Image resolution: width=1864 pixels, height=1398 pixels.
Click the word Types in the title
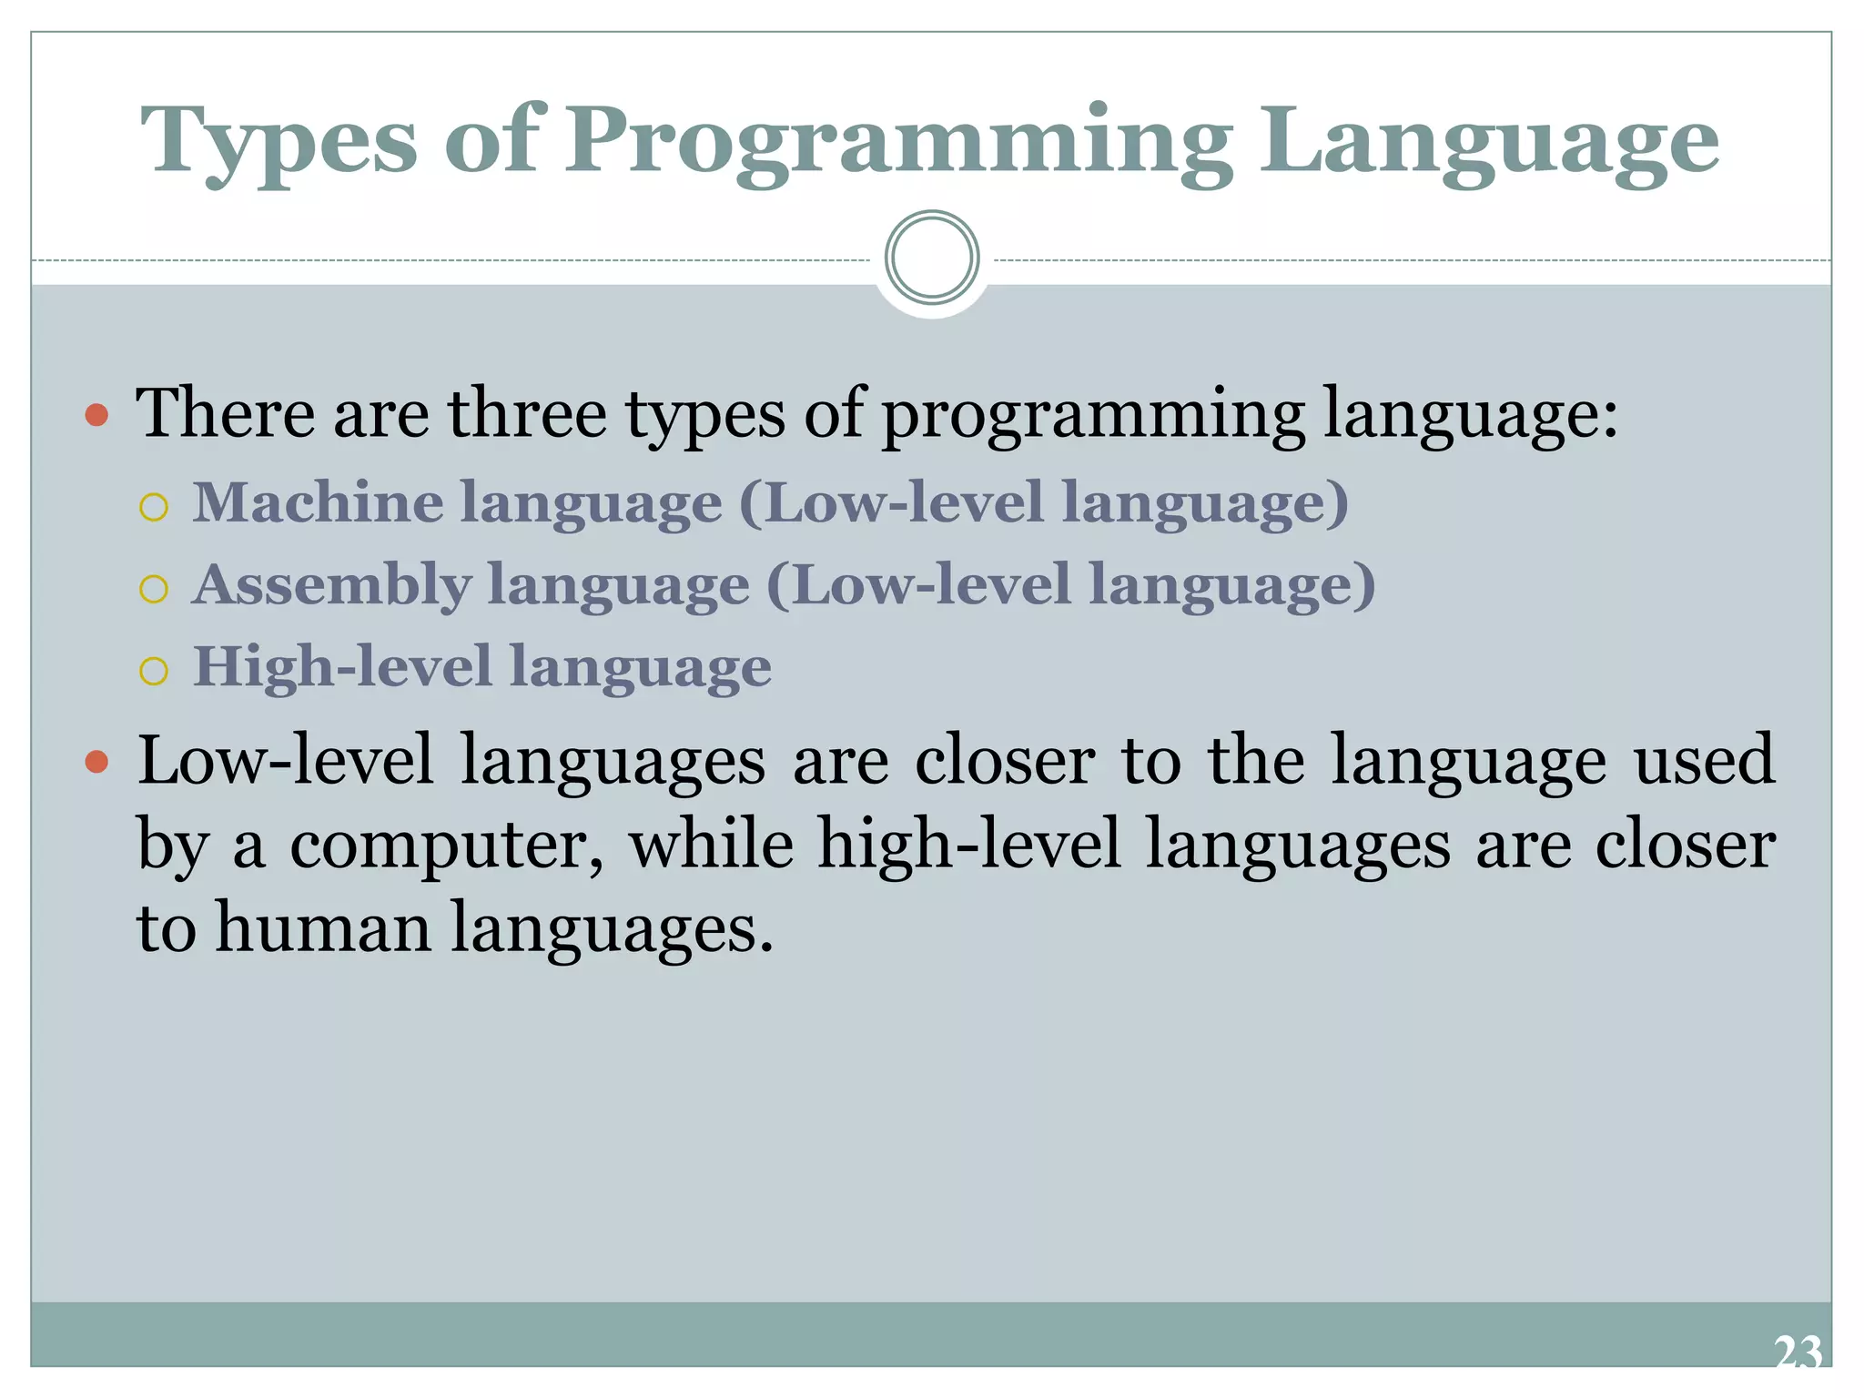point(279,142)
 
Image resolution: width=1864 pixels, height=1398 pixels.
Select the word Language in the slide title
point(1489,142)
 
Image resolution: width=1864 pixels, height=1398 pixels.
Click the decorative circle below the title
point(932,258)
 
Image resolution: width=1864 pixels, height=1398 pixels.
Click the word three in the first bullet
point(527,414)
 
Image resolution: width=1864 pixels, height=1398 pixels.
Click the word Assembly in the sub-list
point(332,584)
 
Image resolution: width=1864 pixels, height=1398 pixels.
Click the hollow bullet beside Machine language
point(155,507)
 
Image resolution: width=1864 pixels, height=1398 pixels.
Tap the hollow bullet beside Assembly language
point(155,589)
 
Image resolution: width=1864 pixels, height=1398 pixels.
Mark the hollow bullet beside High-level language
point(155,671)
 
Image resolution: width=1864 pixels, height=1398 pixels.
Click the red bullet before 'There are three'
point(96,417)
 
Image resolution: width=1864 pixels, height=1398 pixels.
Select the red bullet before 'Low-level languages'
point(96,762)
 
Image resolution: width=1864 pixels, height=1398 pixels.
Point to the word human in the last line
point(323,928)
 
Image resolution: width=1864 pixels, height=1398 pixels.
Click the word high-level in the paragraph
point(969,844)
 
